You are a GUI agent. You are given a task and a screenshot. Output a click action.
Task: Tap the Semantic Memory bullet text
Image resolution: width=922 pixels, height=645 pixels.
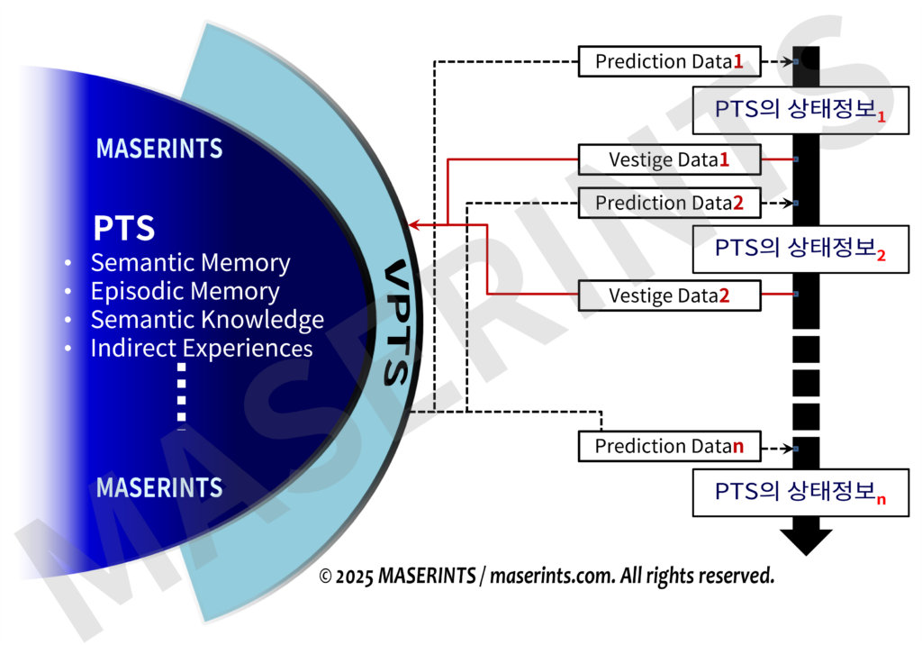pyautogui.click(x=190, y=263)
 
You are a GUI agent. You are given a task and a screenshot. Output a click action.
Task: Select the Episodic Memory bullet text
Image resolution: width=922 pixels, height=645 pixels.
pyautogui.click(x=185, y=292)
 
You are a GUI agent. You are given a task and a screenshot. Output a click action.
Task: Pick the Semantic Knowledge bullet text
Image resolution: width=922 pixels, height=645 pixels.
pyautogui.click(x=207, y=320)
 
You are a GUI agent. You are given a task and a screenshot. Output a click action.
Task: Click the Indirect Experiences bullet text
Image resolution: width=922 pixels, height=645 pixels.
pyautogui.click(x=202, y=349)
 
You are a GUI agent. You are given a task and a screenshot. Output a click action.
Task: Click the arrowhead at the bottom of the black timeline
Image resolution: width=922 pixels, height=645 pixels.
pyautogui.click(x=806, y=541)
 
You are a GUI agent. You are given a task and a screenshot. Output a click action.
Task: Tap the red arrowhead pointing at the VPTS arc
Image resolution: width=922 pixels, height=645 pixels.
pyautogui.click(x=414, y=224)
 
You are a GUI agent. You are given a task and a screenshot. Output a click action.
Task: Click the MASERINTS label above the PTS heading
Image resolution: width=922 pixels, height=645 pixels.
pyautogui.click(x=159, y=149)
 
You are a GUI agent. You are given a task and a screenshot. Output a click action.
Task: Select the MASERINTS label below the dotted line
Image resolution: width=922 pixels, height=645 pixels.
pyautogui.click(x=159, y=487)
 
